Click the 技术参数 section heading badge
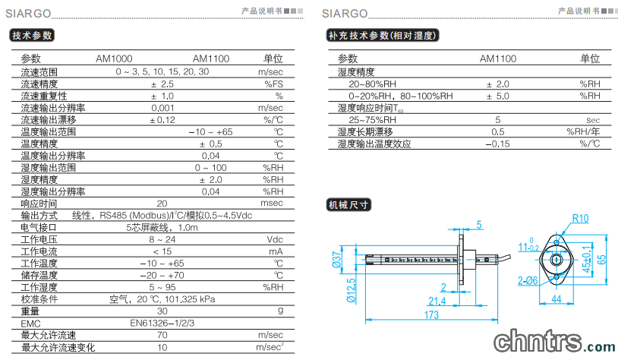click(x=32, y=36)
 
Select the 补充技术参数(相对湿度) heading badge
click(x=383, y=36)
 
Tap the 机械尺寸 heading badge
click(x=348, y=205)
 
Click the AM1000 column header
click(x=114, y=58)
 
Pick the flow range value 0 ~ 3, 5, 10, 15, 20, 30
click(x=162, y=71)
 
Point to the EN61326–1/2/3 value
click(x=162, y=324)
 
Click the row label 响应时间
click(x=39, y=204)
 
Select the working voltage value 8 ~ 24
click(x=162, y=239)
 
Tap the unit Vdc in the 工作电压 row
click(x=275, y=239)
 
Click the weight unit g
click(x=281, y=311)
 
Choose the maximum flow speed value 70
click(x=162, y=335)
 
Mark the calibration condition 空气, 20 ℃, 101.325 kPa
click(x=162, y=299)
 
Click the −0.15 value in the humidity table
click(x=497, y=144)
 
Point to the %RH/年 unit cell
click(x=583, y=131)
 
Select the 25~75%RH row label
click(x=372, y=120)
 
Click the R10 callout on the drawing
click(x=580, y=219)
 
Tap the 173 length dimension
click(x=431, y=315)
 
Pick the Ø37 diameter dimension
click(x=337, y=260)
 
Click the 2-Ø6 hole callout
click(x=528, y=281)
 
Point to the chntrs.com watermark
click(x=554, y=342)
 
